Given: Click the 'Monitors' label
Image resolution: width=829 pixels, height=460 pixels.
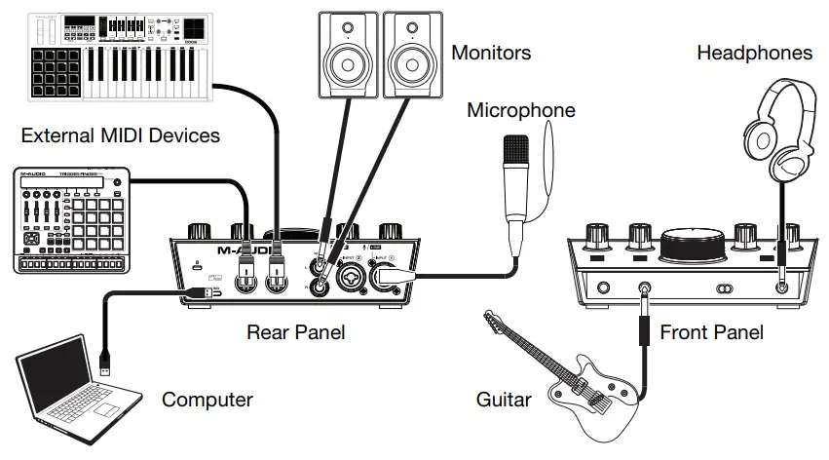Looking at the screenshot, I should click(x=491, y=52).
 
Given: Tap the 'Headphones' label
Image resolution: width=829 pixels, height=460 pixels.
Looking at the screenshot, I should click(x=754, y=53).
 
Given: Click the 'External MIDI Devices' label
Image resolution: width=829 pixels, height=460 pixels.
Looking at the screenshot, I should click(x=121, y=135).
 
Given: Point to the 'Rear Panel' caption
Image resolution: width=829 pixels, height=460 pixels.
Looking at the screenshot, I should click(x=296, y=333).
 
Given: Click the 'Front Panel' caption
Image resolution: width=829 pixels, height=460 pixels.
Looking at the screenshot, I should click(x=711, y=333).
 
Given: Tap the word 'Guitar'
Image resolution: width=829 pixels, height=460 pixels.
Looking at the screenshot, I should click(x=504, y=400).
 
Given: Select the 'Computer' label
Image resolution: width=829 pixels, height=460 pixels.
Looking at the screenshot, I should click(x=207, y=400).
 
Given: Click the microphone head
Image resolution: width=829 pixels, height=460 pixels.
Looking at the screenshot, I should click(x=515, y=156).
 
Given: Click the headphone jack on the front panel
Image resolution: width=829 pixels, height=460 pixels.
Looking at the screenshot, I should click(x=781, y=287).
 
